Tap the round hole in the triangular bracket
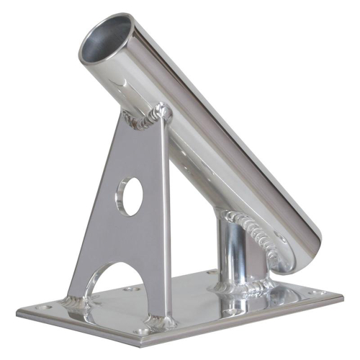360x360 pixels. (x=130, y=197)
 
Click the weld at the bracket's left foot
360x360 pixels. (x=75, y=301)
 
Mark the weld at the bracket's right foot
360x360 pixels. (x=161, y=320)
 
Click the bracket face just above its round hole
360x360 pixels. (x=132, y=162)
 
